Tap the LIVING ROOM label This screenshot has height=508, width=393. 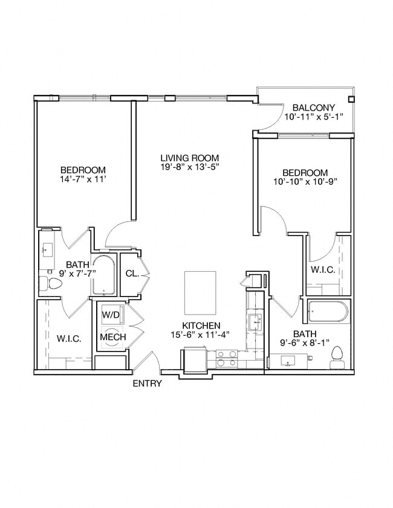189,158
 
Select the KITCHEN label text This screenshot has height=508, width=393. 201,325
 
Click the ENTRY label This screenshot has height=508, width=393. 147,384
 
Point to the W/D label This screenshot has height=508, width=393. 111,315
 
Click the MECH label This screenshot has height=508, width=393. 113,337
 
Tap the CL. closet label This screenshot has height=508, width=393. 132,273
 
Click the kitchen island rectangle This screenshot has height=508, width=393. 200,292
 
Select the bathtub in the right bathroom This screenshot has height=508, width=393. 328,312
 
